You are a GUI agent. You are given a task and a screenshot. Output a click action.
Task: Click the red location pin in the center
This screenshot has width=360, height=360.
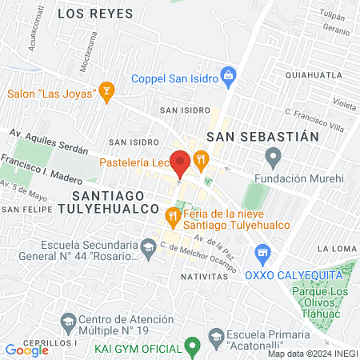coord(180,162)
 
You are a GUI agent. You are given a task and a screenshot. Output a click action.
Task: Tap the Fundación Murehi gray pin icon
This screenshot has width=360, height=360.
coord(274,156)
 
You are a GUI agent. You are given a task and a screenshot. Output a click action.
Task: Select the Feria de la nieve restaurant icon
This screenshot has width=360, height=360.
coord(171,215)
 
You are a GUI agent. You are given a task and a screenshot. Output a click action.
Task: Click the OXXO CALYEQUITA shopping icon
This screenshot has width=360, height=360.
coord(261,256)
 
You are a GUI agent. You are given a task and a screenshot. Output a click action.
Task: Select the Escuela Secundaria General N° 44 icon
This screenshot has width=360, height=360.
coord(147,251)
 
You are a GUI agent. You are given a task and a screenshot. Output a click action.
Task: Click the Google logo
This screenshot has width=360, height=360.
coord(26,350)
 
